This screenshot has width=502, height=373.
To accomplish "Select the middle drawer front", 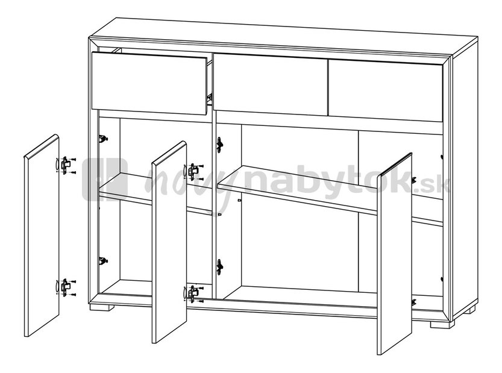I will pyautogui.click(x=271, y=84).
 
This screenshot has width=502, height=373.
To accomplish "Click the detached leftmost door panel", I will pyautogui.click(x=42, y=236).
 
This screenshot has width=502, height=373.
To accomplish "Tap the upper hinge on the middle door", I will pyautogui.click(x=193, y=171).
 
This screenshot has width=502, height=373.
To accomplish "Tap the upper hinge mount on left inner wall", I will pyautogui.click(x=103, y=139).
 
